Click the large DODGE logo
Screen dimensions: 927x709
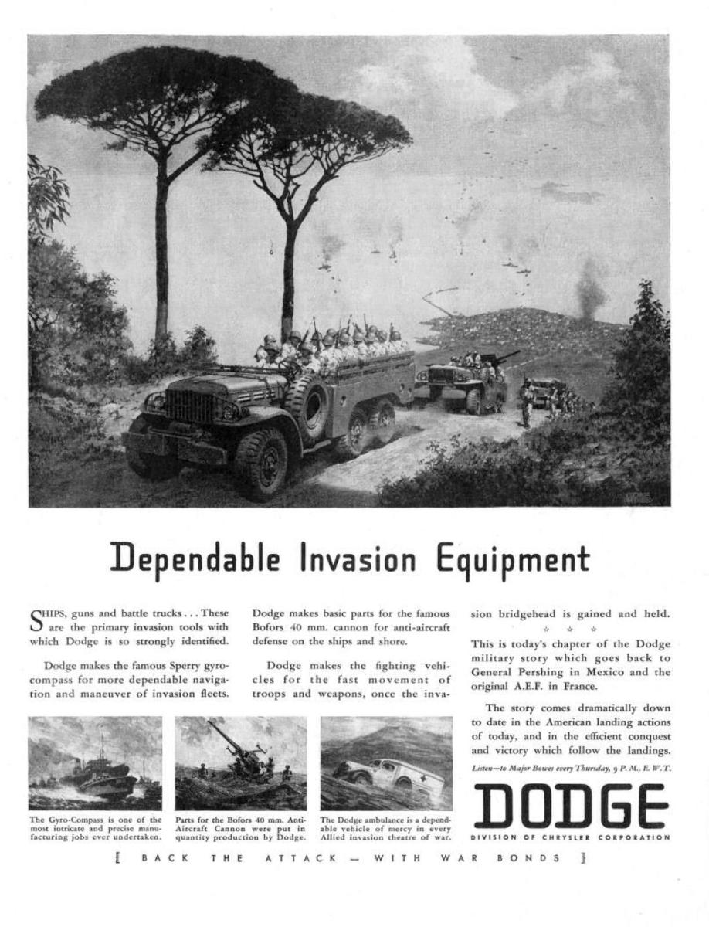click(569, 806)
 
